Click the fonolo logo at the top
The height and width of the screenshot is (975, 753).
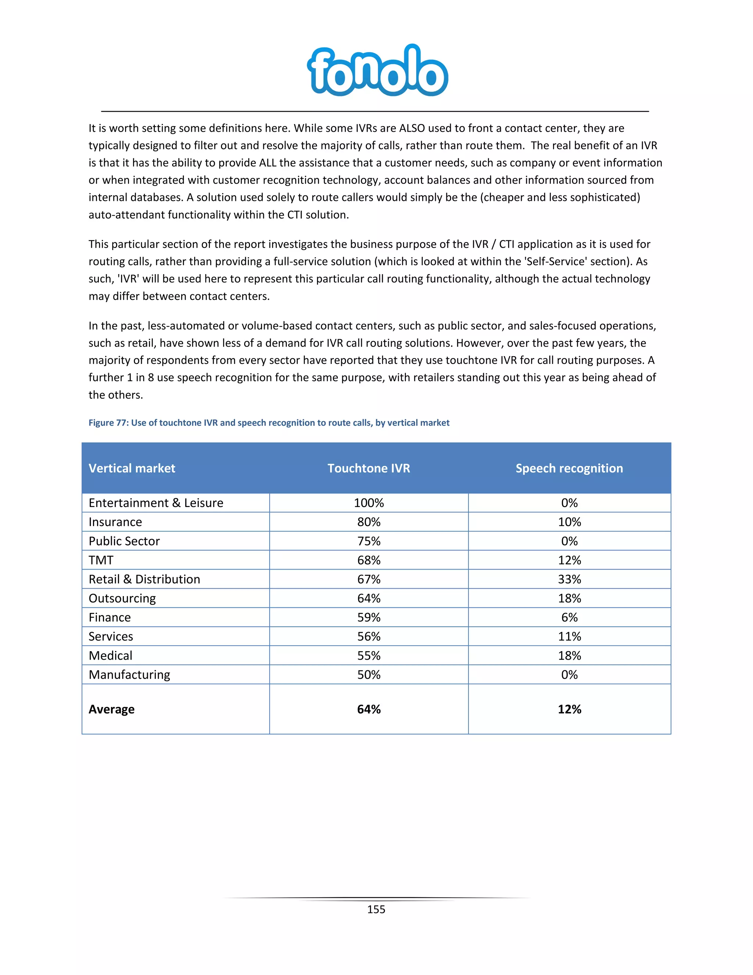point(377,71)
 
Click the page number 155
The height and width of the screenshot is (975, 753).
point(376,910)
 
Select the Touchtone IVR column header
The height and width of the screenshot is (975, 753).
point(368,468)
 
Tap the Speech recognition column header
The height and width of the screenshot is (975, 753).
point(569,468)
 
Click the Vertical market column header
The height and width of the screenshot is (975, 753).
point(132,468)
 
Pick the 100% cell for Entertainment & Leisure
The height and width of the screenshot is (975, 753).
point(368,503)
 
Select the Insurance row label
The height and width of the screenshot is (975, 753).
point(115,522)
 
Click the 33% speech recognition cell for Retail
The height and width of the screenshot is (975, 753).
point(569,579)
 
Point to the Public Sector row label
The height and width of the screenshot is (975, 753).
point(124,541)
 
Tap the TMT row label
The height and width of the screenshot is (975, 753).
point(101,560)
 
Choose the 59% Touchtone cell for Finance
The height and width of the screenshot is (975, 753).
point(368,617)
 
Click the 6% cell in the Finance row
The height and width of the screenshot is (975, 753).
point(569,617)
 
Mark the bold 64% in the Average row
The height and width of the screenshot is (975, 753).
point(368,709)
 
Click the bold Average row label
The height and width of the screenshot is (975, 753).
point(111,709)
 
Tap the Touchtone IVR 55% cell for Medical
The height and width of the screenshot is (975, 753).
point(368,655)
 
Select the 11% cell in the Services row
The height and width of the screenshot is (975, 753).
point(569,637)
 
